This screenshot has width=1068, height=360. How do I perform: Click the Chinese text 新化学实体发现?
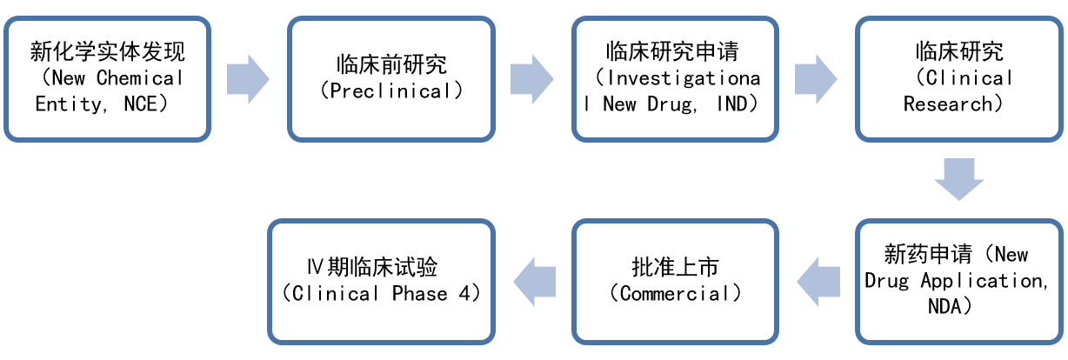[x=107, y=51]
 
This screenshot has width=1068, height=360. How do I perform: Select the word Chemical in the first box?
[x=140, y=77]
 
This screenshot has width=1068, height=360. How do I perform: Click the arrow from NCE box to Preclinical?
[x=248, y=78]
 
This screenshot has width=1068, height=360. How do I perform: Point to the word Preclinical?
[x=390, y=90]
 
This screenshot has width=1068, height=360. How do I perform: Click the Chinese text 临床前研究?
[x=391, y=64]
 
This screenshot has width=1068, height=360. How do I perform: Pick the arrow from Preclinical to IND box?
[x=531, y=78]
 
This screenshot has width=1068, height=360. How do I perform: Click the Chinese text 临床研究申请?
[x=672, y=51]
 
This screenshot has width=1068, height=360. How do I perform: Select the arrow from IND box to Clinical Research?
[x=816, y=78]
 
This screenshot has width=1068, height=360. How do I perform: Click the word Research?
[x=947, y=104]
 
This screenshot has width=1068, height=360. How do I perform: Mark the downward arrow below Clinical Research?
[x=958, y=179]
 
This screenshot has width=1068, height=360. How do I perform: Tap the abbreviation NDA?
[x=945, y=306]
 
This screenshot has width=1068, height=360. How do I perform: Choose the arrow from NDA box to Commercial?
[x=818, y=282]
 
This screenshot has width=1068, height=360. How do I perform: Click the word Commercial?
[x=675, y=293]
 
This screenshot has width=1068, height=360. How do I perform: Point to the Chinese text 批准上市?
[x=675, y=267]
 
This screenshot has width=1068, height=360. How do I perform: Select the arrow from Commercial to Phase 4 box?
[x=535, y=282]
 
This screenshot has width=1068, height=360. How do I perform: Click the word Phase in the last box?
[x=419, y=293]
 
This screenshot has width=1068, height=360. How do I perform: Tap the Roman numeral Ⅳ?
[x=315, y=267]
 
